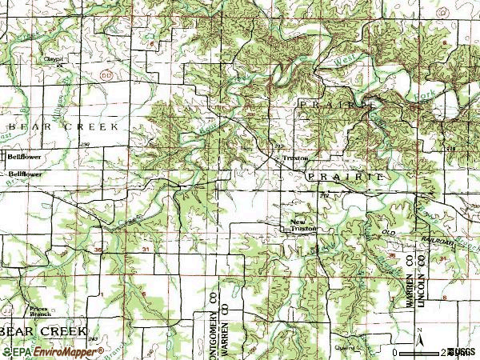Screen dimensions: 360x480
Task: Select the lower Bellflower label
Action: coord(25,173)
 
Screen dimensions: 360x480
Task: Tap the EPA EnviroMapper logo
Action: coord(35,351)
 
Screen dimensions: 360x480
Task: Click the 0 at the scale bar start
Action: coord(395,351)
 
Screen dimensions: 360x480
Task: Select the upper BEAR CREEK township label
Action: coord(63,126)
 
